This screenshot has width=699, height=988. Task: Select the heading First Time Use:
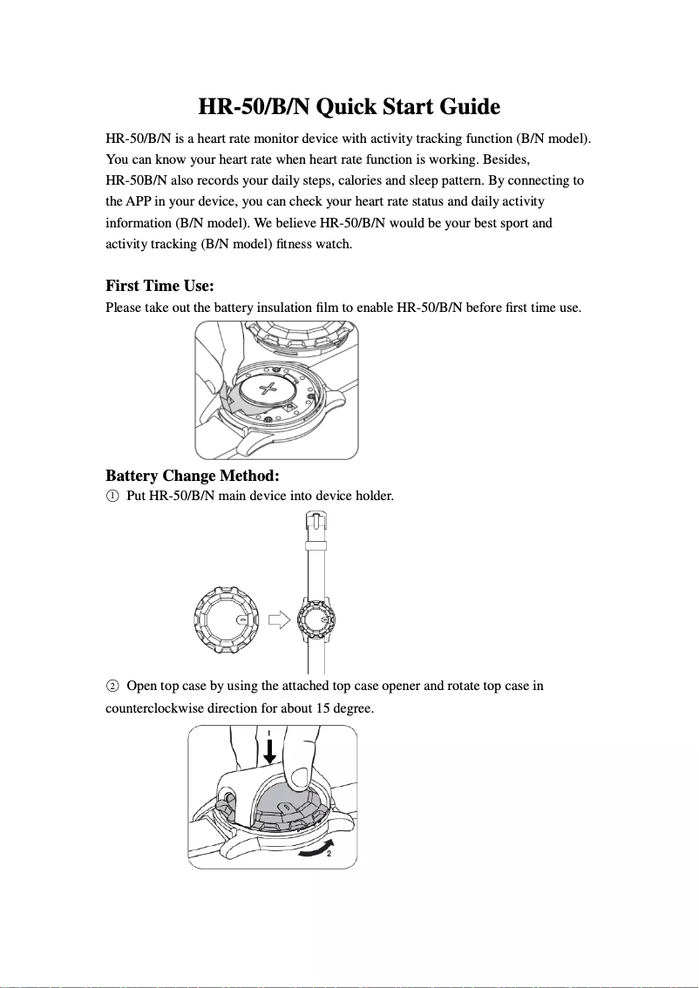(x=159, y=286)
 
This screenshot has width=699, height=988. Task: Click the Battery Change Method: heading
(x=192, y=476)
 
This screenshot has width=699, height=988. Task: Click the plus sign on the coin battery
(x=271, y=387)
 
